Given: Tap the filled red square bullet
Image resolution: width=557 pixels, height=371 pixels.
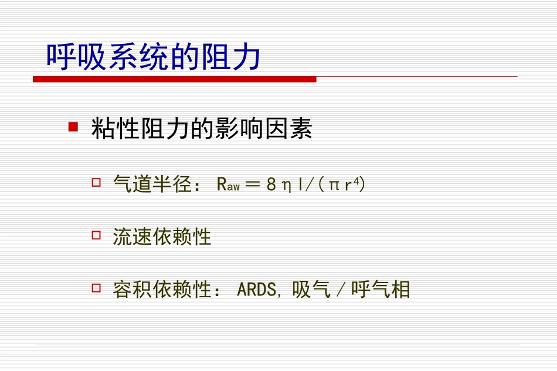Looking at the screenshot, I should coord(73,126).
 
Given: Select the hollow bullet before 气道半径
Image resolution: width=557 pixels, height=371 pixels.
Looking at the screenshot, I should coord(97,184).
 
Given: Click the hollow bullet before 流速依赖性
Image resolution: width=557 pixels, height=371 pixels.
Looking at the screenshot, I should coord(97,236).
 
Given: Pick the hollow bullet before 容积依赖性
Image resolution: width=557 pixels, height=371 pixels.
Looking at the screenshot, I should coord(97,288).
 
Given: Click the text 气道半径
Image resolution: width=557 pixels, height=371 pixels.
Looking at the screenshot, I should coord(152,185).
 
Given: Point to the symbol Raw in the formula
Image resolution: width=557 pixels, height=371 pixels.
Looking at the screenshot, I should coord(227,185).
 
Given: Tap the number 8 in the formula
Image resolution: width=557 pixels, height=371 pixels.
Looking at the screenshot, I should coord(271,185).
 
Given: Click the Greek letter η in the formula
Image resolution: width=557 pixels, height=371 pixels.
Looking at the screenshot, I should coord(287,185).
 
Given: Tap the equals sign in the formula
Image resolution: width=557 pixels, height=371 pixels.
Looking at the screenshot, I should coord(252,185).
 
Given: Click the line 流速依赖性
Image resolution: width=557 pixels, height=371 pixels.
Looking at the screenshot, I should coord(162,237).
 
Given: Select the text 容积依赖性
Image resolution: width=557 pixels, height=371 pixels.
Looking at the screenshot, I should coord(162,289).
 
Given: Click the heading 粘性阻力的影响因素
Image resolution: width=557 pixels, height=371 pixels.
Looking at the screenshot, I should coord(202,129).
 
